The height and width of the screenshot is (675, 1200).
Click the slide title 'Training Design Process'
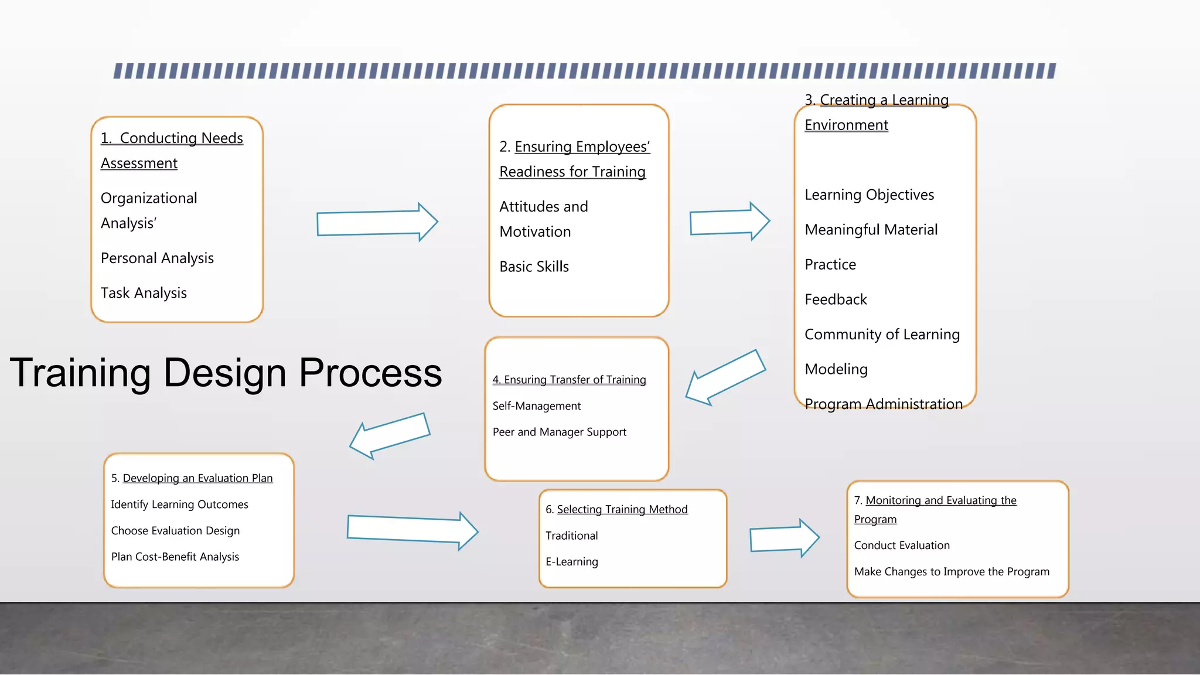226,373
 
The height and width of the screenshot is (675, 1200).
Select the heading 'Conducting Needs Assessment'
171,151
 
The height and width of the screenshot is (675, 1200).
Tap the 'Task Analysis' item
144,293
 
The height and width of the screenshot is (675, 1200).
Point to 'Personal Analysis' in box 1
157,258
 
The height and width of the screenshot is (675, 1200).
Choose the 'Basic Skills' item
534,267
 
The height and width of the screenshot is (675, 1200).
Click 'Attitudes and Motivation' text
543,219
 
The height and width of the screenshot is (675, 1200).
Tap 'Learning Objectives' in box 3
869,195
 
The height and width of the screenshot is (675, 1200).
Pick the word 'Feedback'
836,300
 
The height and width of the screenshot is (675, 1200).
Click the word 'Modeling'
836,370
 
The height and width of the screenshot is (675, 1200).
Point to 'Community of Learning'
882,335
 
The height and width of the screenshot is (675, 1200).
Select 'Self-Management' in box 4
536,406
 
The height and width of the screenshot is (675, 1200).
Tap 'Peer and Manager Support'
559,432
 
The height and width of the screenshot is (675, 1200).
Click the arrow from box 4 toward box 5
390,435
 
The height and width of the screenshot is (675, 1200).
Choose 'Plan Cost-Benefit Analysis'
175,557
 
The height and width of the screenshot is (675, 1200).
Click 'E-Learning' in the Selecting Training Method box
571,562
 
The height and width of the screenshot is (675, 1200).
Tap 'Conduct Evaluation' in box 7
902,546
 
